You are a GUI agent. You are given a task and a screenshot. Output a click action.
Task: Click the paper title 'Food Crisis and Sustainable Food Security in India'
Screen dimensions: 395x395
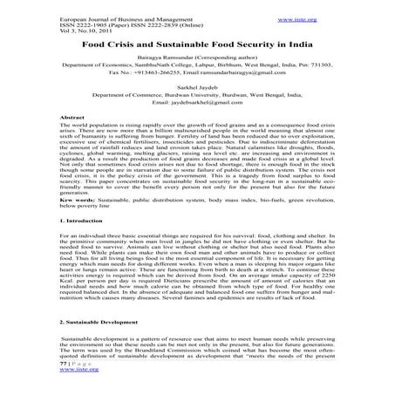click(x=197, y=42)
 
